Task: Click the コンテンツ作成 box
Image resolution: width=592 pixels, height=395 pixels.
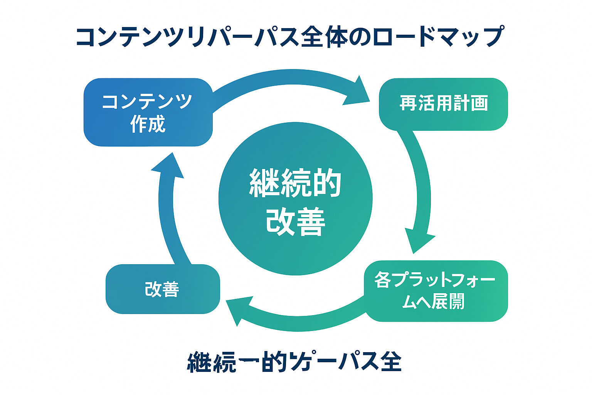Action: (148, 112)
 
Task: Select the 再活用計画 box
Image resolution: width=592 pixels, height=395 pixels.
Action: (443, 104)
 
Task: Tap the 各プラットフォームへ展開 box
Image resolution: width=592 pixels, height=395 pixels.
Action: (436, 291)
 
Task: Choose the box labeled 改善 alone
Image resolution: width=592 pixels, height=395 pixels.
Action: (162, 289)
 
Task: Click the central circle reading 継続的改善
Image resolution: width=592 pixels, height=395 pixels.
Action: (295, 199)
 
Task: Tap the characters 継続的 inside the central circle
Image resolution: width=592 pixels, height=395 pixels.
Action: (295, 183)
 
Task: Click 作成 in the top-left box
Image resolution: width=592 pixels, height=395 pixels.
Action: (148, 124)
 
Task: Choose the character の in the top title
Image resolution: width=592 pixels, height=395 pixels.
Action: (361, 37)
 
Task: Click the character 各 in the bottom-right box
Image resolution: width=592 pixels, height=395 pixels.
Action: (383, 280)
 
